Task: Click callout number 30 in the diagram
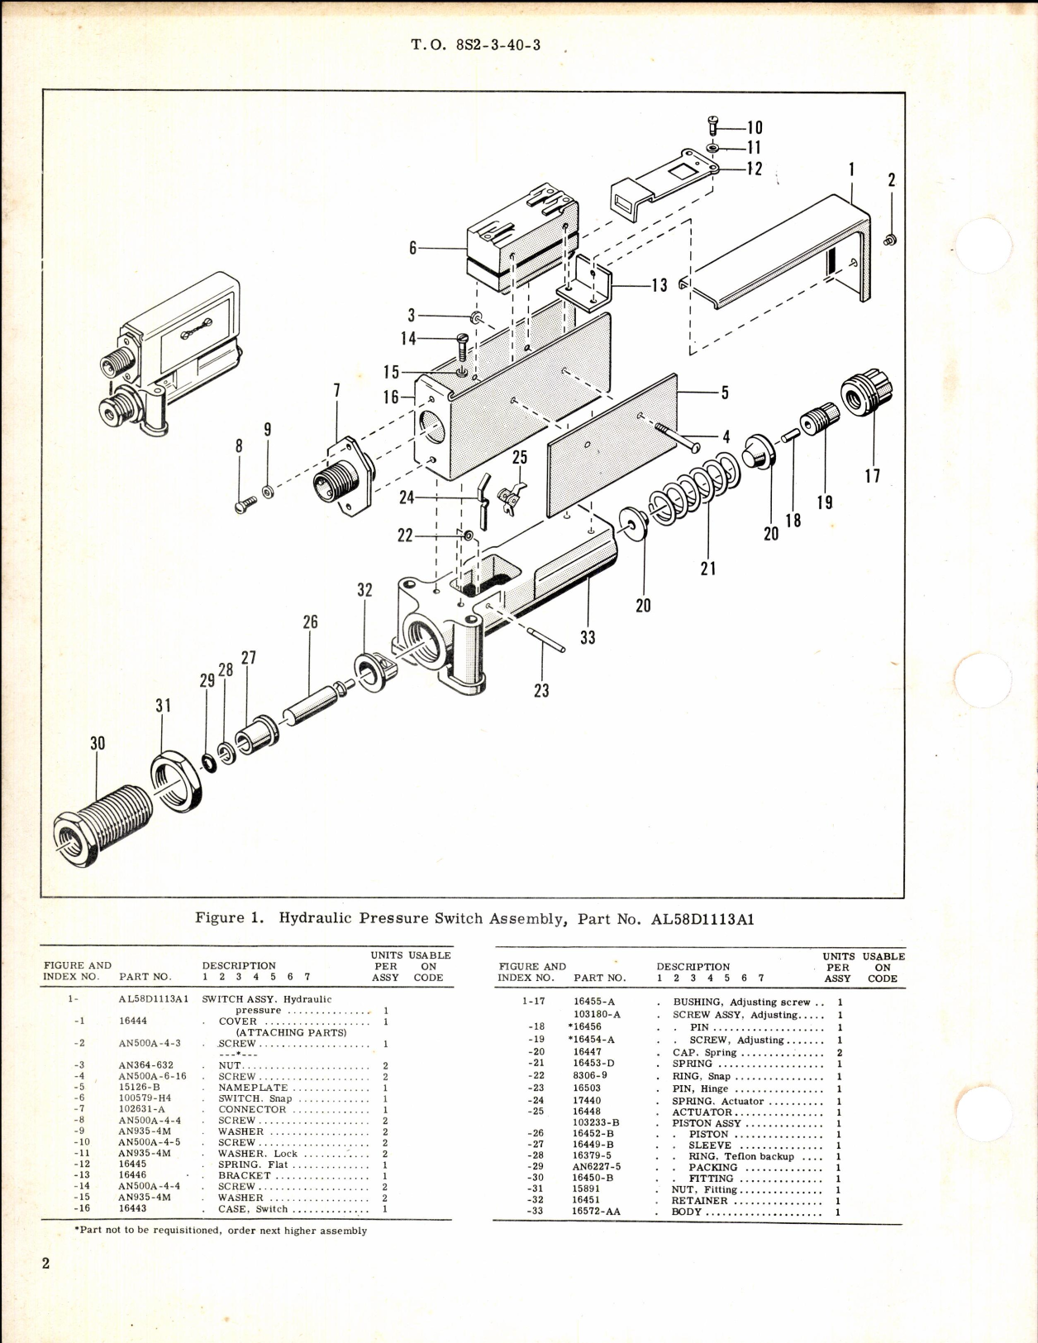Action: point(98,743)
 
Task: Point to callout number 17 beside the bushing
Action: point(872,475)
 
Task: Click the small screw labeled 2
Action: point(890,240)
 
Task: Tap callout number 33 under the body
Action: point(587,637)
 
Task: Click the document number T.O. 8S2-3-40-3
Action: point(476,45)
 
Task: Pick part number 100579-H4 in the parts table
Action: point(147,1098)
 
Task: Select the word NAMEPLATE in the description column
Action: point(253,1088)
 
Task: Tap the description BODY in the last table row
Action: point(687,1212)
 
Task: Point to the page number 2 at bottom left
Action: point(45,1263)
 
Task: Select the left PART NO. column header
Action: point(145,976)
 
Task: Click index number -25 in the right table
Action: point(536,1112)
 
